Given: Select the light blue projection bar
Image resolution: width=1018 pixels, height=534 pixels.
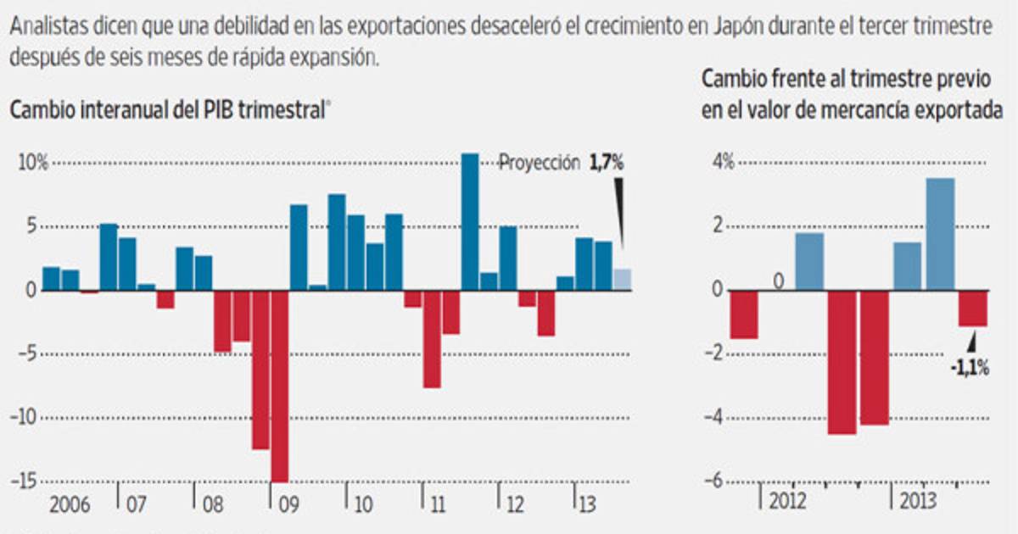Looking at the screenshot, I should [x=623, y=279].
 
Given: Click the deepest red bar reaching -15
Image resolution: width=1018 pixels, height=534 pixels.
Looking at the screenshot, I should [x=279, y=386].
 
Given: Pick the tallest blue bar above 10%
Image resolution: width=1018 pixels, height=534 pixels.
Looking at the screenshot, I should [x=470, y=221].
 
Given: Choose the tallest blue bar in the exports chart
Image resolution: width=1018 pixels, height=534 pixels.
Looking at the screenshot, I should [x=940, y=234].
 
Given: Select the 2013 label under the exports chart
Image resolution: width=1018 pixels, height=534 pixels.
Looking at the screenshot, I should [x=919, y=499].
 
